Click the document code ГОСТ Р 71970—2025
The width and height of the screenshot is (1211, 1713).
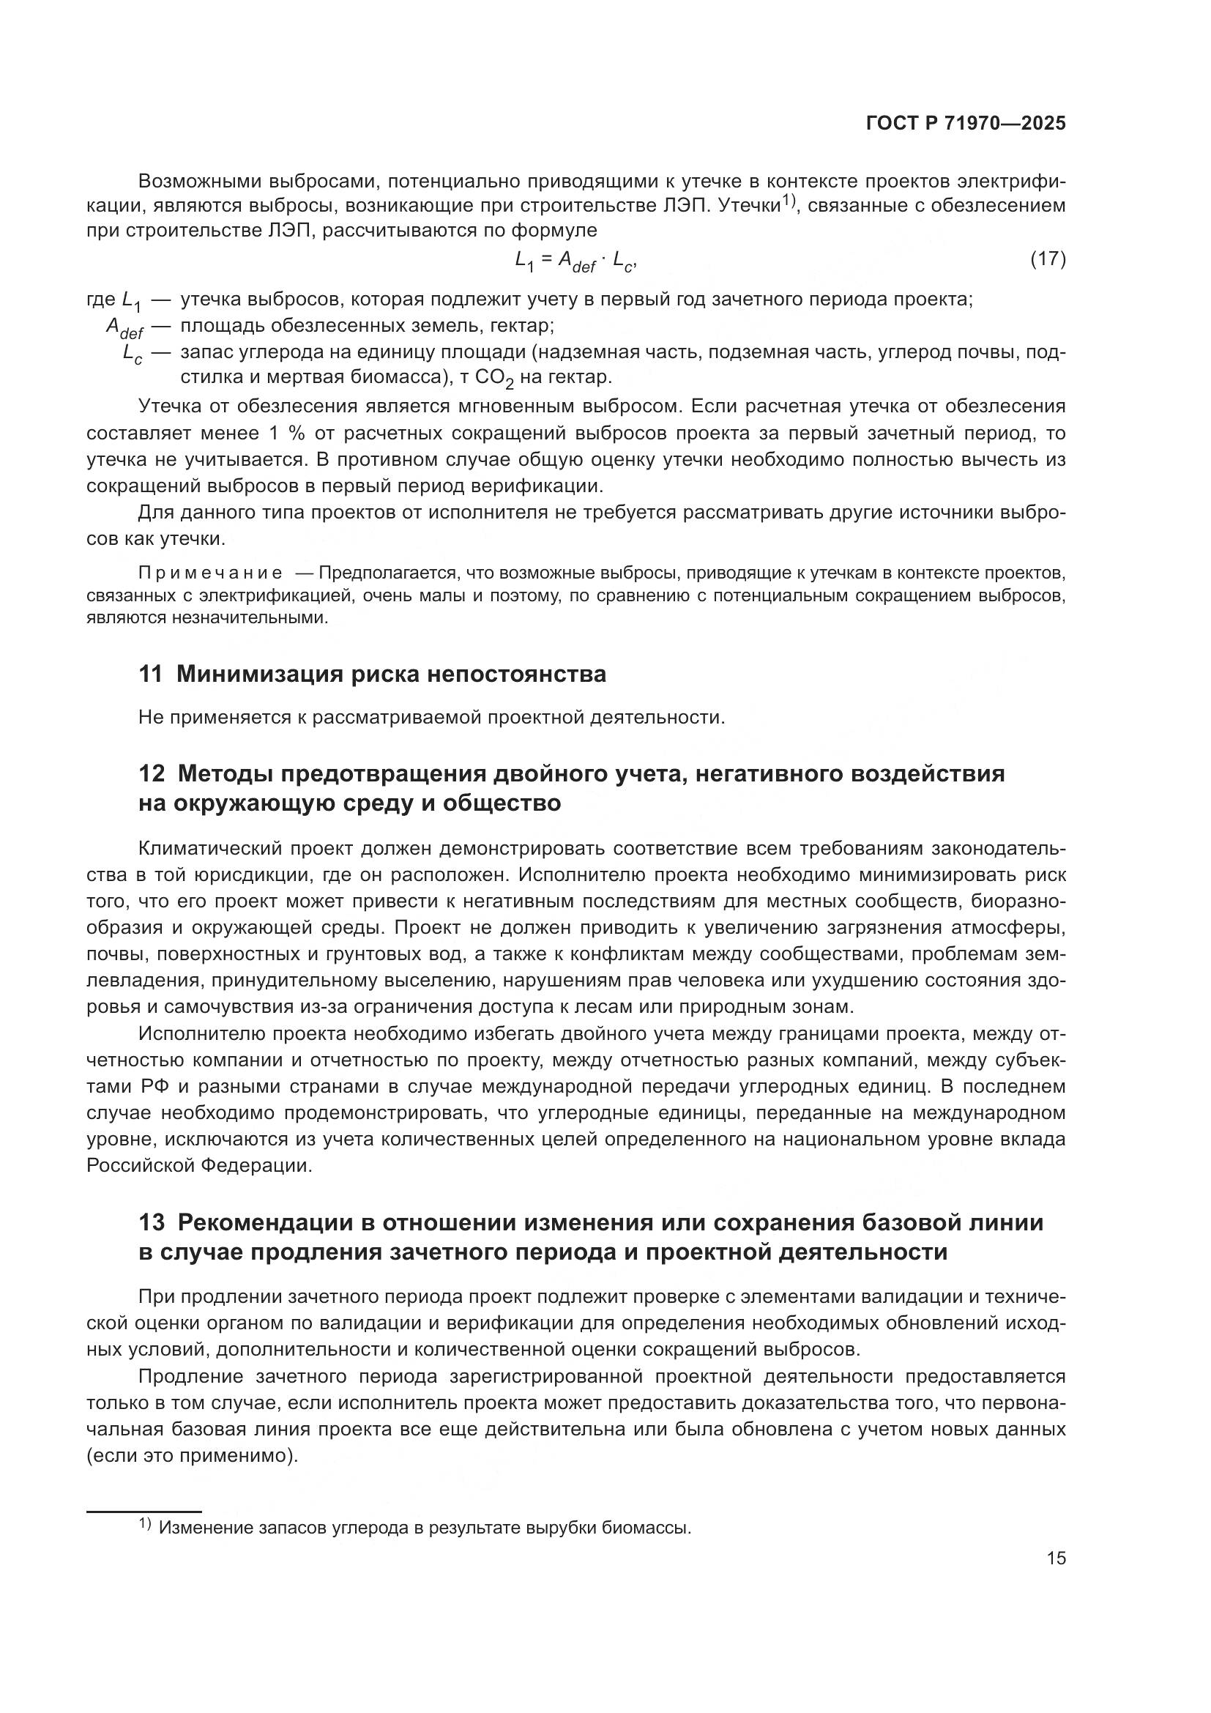pos(966,124)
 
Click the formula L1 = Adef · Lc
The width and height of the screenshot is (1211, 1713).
pos(575,261)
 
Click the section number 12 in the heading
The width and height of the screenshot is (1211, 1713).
pos(152,773)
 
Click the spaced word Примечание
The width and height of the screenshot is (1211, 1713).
pos(210,573)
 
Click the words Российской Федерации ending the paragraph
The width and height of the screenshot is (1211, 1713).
pos(198,1165)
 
